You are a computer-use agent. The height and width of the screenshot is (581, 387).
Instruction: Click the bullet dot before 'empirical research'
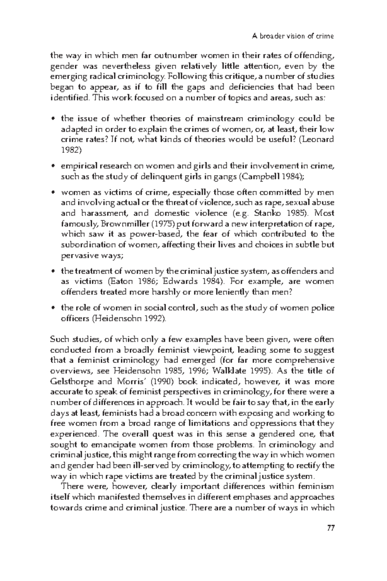[54, 167]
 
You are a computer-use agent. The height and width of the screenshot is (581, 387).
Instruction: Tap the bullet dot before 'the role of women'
[54, 309]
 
